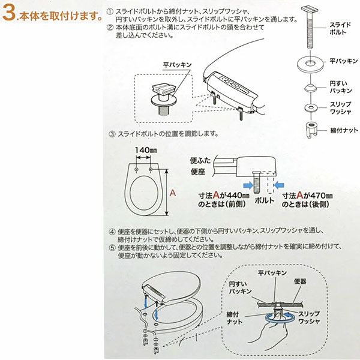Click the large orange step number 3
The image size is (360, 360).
click(9, 13)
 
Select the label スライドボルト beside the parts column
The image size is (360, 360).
click(340, 28)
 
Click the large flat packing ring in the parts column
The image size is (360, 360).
click(310, 63)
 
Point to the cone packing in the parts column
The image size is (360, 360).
click(310, 88)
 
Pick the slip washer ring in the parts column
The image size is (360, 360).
click(311, 107)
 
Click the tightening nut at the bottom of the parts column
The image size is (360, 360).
click(311, 130)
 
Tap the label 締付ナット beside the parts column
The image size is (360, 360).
click(344, 130)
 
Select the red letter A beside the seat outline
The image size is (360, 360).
click(173, 193)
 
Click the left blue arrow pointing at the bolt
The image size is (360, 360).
click(248, 185)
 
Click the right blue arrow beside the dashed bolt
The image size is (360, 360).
click(279, 185)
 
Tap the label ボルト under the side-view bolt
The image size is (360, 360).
click(265, 200)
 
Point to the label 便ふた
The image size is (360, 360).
click(200, 160)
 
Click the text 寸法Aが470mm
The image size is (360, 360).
click(307, 196)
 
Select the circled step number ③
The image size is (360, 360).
click(112, 134)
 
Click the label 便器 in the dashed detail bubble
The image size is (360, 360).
click(300, 282)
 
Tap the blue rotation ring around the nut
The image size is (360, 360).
click(280, 318)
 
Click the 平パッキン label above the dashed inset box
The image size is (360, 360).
click(177, 65)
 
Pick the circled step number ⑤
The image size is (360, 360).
click(112, 248)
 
